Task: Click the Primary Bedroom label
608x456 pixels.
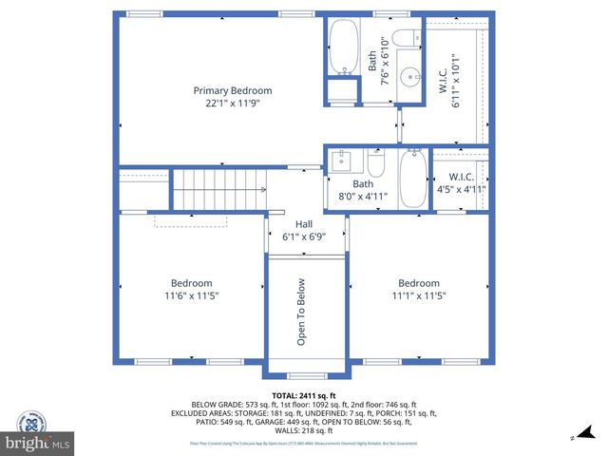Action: pyautogui.click(x=226, y=90)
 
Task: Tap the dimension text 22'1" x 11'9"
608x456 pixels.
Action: pyautogui.click(x=226, y=104)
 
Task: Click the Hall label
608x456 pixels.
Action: pyautogui.click(x=304, y=224)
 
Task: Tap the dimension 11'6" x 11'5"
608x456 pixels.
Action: pyautogui.click(x=191, y=296)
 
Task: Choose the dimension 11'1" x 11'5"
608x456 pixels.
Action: pyautogui.click(x=418, y=296)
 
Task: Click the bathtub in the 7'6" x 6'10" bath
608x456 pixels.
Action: pyautogui.click(x=342, y=47)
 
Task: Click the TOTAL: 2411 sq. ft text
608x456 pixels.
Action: pyautogui.click(x=303, y=394)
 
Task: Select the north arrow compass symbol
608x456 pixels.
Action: pyautogui.click(x=574, y=437)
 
